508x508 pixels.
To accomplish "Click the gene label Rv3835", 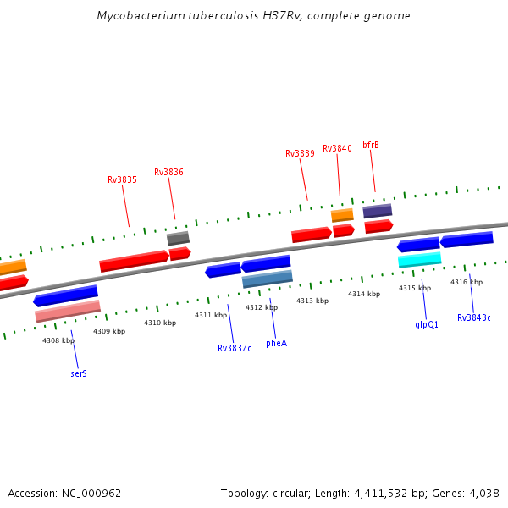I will [122, 179].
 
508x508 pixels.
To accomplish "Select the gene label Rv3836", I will [168, 172].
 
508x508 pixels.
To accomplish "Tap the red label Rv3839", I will [300, 153].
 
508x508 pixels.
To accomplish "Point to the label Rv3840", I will [337, 148].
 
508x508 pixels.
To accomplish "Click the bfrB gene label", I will [371, 145].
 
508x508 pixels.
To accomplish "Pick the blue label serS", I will [79, 373].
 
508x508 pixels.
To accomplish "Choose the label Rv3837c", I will [235, 348].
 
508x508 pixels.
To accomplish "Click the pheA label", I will [276, 343].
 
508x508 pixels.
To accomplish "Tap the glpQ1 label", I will [427, 324].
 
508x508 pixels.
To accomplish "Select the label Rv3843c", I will [474, 317].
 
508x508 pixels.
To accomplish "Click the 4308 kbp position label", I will [58, 340].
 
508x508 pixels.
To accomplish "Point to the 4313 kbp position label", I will [312, 301].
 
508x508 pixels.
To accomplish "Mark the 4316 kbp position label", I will [467, 282].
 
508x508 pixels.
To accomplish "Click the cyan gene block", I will [420, 259].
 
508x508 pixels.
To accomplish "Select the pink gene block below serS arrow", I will [68, 311].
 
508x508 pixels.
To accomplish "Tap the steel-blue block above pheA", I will [267, 278].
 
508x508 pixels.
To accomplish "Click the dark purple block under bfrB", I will [378, 211].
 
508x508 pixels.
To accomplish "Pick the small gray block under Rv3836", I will [178, 238].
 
